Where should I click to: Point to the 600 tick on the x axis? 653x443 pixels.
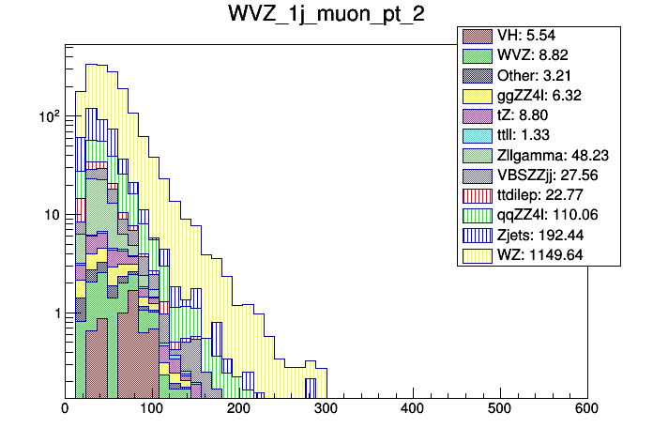coord(587,409)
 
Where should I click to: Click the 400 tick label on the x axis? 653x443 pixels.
coord(413,409)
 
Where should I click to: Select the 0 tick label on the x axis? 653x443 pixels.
coord(65,409)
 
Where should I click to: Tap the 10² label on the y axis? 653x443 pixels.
coord(46,115)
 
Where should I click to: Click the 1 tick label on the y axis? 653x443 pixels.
coord(55,313)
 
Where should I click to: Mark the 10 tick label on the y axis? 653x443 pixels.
coord(51,215)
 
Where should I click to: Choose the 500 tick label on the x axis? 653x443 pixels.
coord(500,409)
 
